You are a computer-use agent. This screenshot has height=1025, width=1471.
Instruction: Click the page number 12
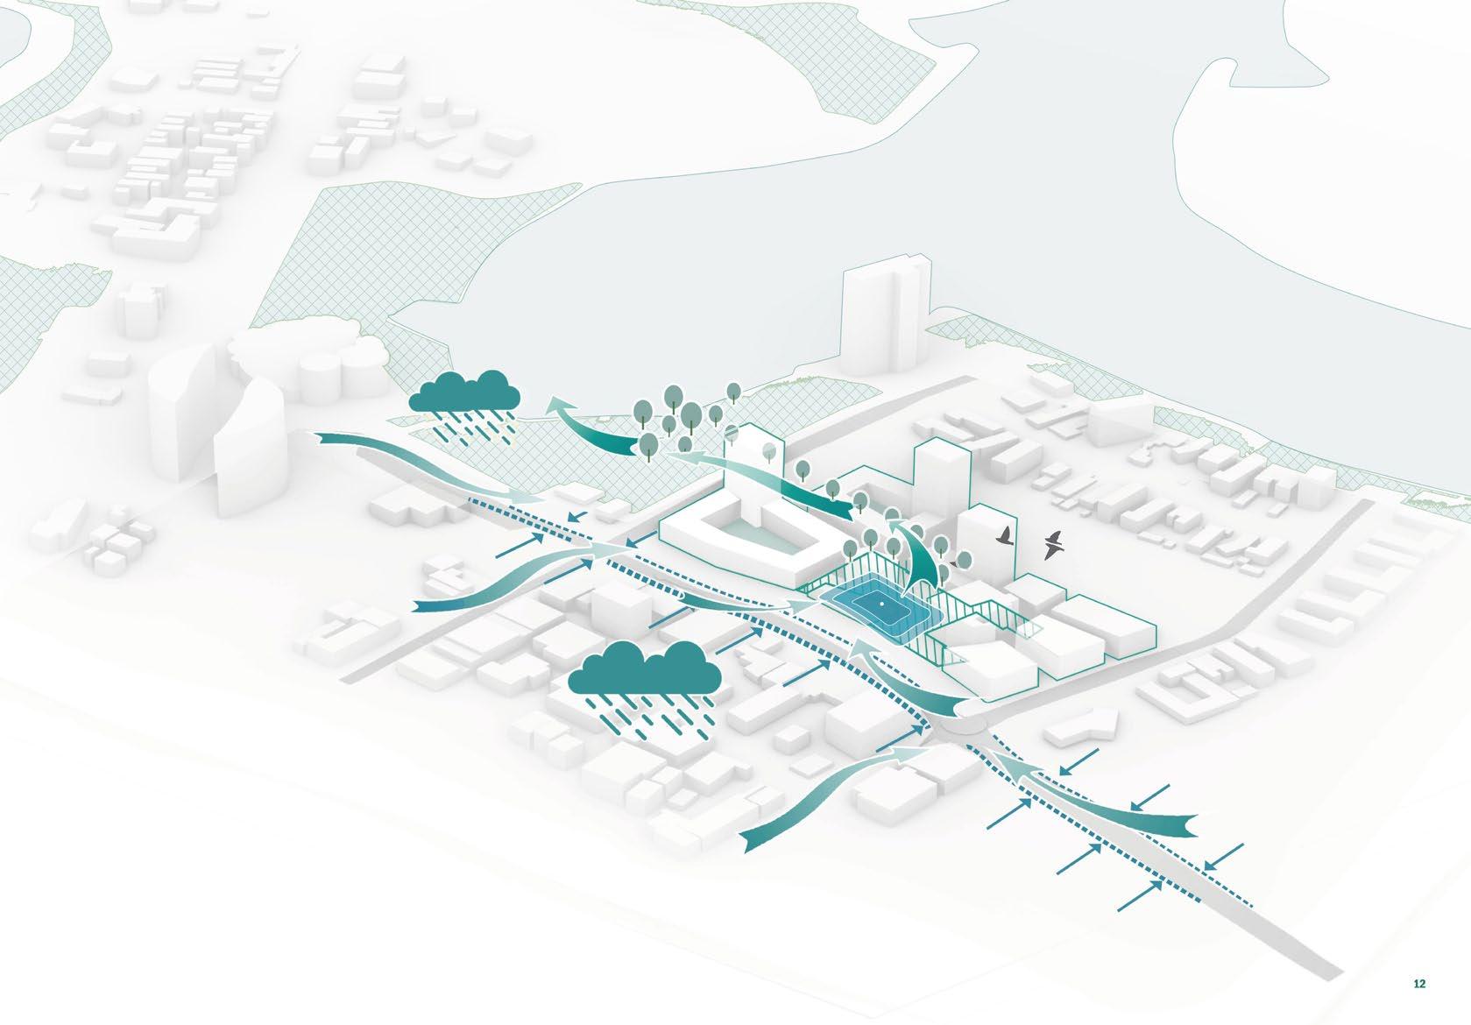[x=1419, y=984]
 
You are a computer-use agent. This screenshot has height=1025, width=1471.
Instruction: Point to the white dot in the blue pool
[x=876, y=604]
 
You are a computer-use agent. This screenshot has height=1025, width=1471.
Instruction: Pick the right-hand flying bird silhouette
[x=1055, y=545]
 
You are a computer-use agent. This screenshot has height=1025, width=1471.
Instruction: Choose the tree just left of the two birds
[x=963, y=560]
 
